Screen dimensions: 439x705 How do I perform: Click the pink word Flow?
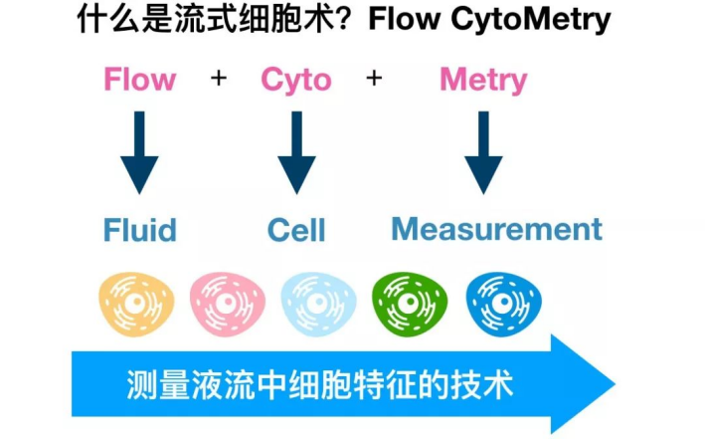tap(140, 80)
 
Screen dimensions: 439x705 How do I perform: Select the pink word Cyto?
tap(296, 80)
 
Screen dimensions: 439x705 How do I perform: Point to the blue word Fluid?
tap(140, 230)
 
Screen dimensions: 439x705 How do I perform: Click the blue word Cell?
tap(296, 230)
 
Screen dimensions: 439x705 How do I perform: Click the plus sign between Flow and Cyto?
tap(218, 79)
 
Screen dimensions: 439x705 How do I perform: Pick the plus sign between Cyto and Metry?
tap(374, 79)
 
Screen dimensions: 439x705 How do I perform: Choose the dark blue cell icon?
tap(499, 299)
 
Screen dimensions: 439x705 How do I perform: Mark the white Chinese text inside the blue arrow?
tap(320, 384)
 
